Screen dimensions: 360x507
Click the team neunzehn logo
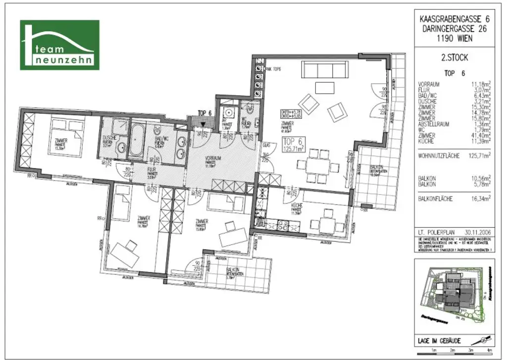coord(59,45)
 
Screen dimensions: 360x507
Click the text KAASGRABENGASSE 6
coord(454,18)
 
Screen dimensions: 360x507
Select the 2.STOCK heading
coord(454,57)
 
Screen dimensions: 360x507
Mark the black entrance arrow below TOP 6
coord(203,124)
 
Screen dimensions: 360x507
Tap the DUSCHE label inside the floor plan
coord(109,139)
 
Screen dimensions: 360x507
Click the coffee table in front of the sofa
coord(325,88)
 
